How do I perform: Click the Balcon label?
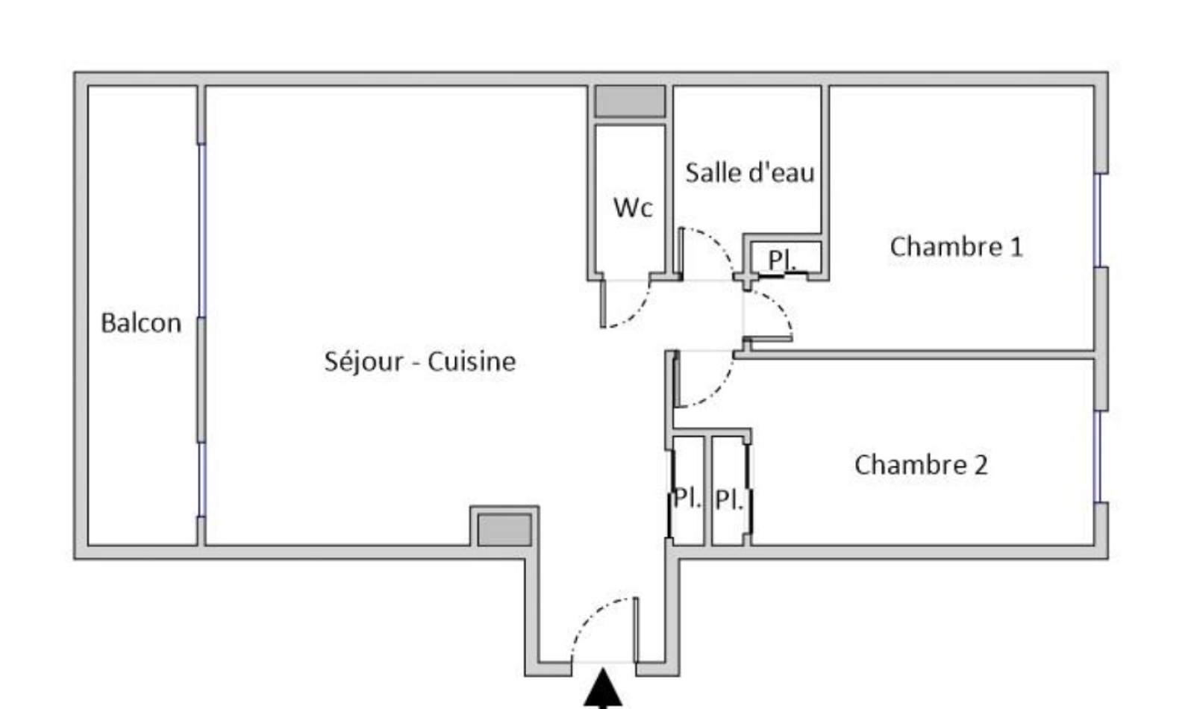(141, 323)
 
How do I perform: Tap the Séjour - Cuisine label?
(420, 361)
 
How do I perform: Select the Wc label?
(633, 208)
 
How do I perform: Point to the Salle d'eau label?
(750, 172)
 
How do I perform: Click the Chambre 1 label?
(956, 247)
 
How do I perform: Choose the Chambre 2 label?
(921, 465)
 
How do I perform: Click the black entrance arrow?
(603, 689)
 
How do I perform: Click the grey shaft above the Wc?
(630, 101)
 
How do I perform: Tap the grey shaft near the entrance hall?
(504, 530)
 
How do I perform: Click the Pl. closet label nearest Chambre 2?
(728, 500)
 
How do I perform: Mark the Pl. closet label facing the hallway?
(687, 498)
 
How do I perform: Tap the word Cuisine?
(472, 361)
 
